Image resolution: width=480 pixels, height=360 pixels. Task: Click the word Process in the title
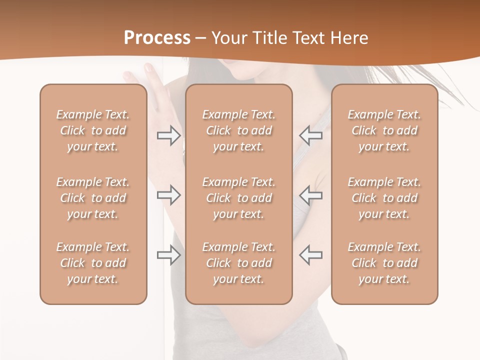[x=157, y=38]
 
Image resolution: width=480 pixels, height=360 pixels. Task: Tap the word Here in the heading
[x=348, y=38]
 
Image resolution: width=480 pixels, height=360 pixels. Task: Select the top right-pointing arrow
[x=168, y=135]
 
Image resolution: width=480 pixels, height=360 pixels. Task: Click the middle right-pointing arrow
[x=168, y=194]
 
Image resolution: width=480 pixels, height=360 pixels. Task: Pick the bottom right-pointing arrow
[x=168, y=255]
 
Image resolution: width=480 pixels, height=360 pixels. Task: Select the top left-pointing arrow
[x=311, y=135]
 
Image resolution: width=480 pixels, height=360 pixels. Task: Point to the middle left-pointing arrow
[x=311, y=194]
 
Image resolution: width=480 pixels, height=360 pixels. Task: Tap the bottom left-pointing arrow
[x=311, y=255]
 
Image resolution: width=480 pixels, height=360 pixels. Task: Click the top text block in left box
[x=93, y=130]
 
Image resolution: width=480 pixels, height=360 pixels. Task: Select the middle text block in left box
[x=93, y=198]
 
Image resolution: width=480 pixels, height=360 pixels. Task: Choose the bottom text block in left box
[x=93, y=263]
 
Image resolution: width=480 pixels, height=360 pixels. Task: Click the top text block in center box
[x=238, y=130]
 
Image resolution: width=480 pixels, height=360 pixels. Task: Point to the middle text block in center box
[x=238, y=198]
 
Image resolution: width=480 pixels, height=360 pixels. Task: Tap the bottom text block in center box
[x=238, y=263]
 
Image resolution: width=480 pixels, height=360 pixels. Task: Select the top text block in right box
[x=384, y=130]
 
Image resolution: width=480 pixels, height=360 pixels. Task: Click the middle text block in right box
[x=384, y=198]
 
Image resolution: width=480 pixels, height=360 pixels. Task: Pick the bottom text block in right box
[x=384, y=263]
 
